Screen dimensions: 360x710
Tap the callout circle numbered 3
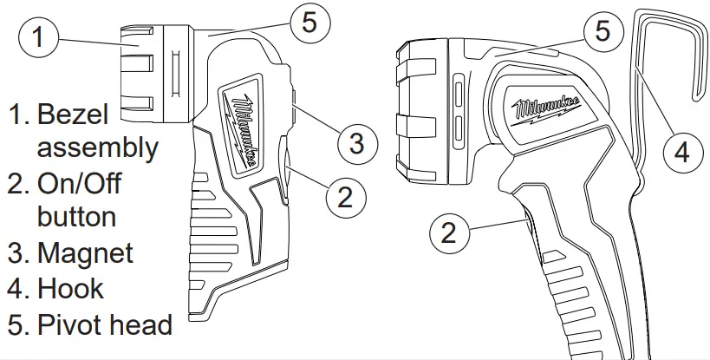(356, 142)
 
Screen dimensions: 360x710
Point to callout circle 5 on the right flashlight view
(603, 32)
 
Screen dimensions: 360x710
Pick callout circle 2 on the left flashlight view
(345, 197)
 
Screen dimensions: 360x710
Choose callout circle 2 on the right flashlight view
(449, 232)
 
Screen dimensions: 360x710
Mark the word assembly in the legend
(97, 148)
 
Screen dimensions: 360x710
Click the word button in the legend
(76, 217)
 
